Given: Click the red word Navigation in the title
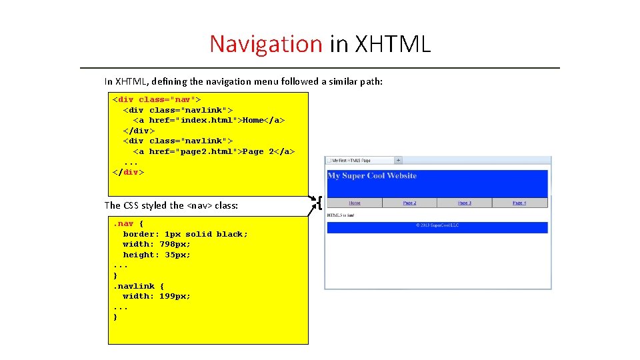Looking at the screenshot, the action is pyautogui.click(x=266, y=44).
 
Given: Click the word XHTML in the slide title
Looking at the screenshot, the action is pyautogui.click(x=393, y=44).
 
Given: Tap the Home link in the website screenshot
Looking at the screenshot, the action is pyautogui.click(x=355, y=203).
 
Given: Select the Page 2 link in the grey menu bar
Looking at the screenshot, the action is pyautogui.click(x=409, y=203).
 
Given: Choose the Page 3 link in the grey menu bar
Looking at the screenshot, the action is pyautogui.click(x=465, y=203).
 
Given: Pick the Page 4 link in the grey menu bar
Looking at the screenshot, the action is pyautogui.click(x=519, y=203).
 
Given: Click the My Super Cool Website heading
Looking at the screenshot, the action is pyautogui.click(x=372, y=176).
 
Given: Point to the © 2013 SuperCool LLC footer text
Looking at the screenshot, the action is pyautogui.click(x=437, y=225).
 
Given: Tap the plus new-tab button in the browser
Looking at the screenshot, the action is pyautogui.click(x=398, y=161).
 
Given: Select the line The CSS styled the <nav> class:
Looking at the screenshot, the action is pyautogui.click(x=171, y=205).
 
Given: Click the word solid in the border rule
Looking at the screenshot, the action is pyautogui.click(x=199, y=234).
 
